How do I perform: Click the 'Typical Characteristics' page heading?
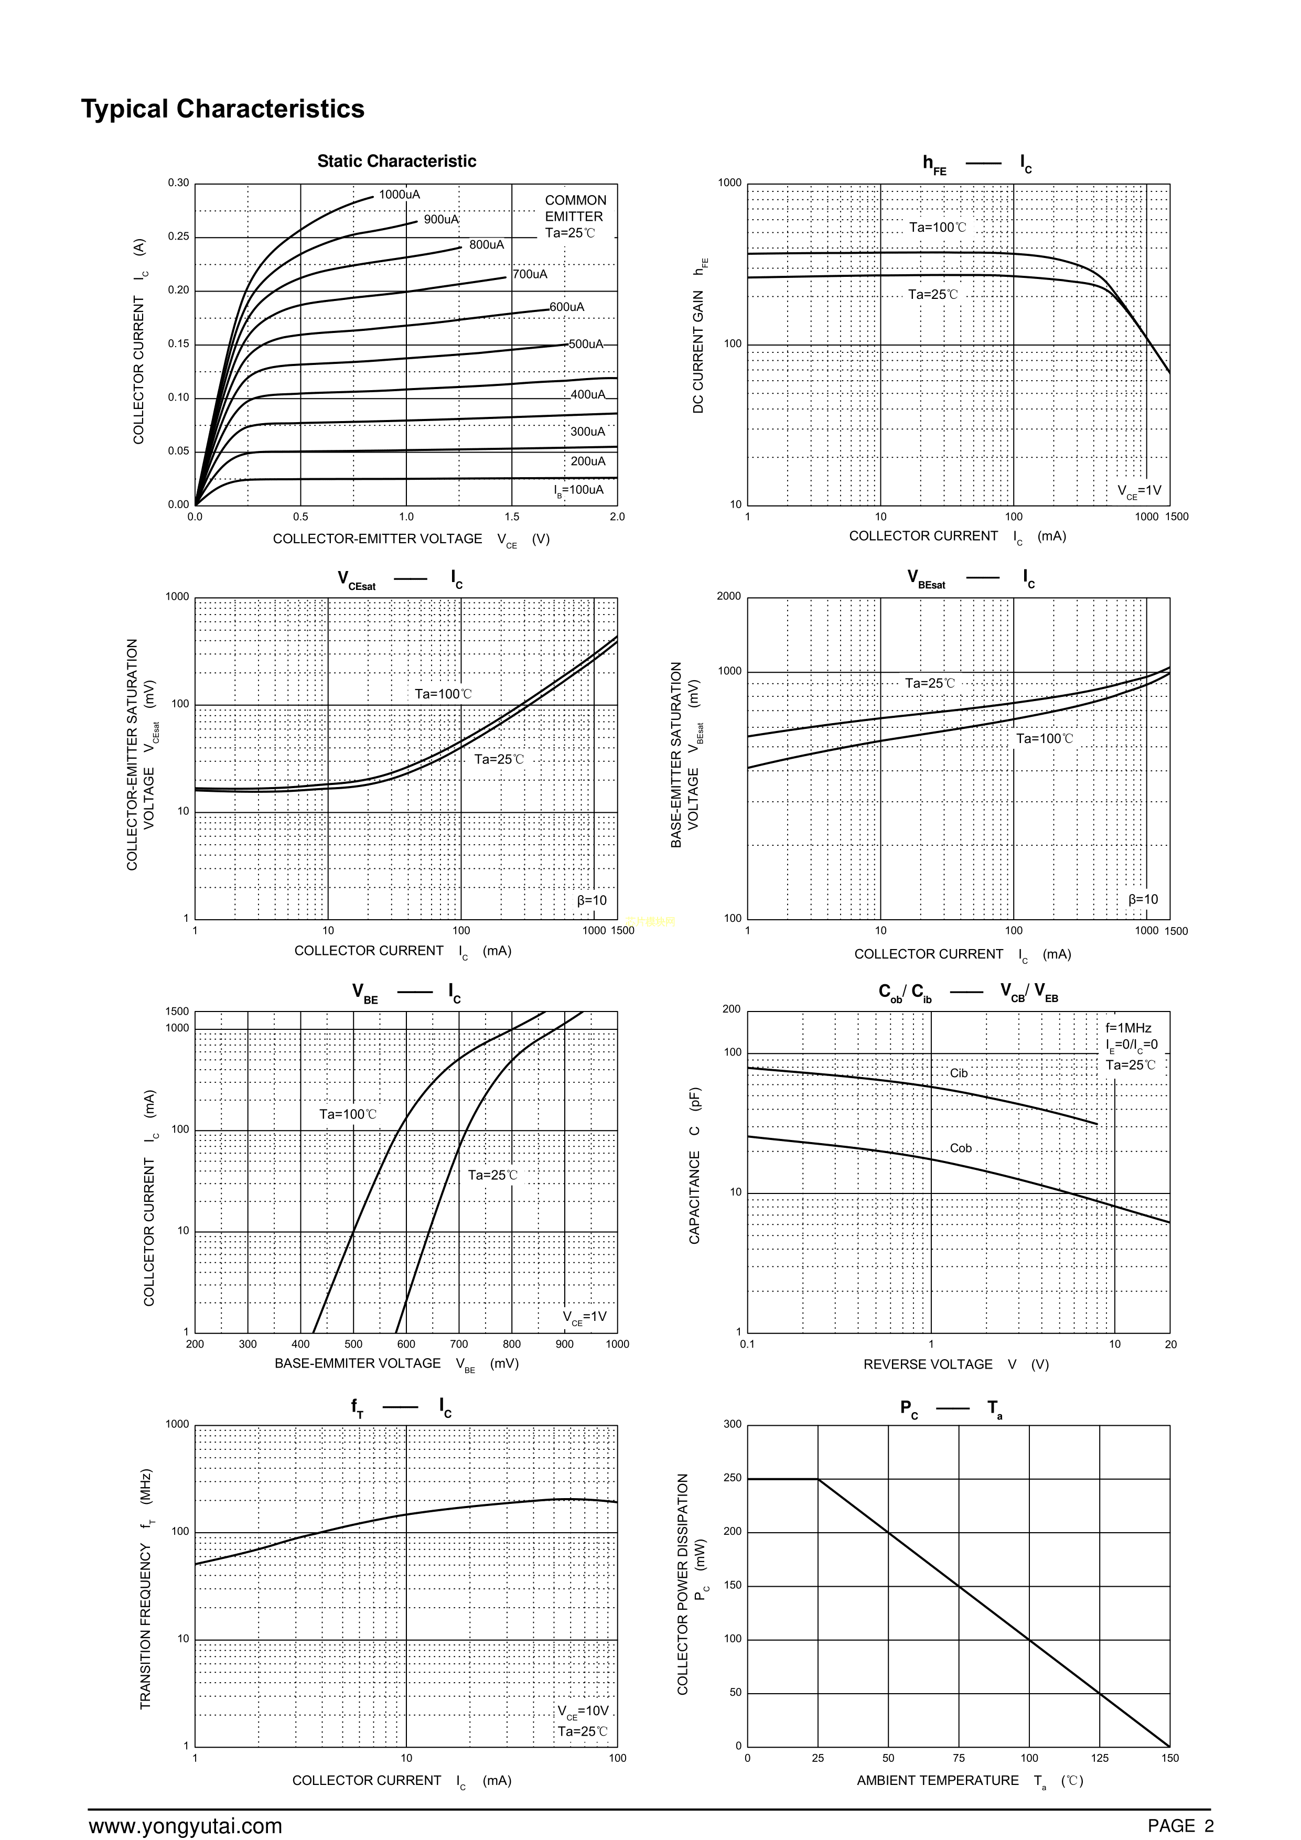pos(223,109)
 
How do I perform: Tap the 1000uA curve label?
pos(399,195)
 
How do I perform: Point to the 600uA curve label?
pos(567,307)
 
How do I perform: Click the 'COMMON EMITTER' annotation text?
pos(575,208)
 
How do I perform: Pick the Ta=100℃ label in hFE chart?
pos(937,228)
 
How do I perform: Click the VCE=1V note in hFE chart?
pos(1139,491)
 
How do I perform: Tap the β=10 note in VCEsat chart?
pos(592,901)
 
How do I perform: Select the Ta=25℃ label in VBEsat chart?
pos(930,684)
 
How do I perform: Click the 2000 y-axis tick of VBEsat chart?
pos(729,596)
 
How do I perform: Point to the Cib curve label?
pos(959,1073)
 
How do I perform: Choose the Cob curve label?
pos(960,1148)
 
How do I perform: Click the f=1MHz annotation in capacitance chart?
pos(1128,1028)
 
